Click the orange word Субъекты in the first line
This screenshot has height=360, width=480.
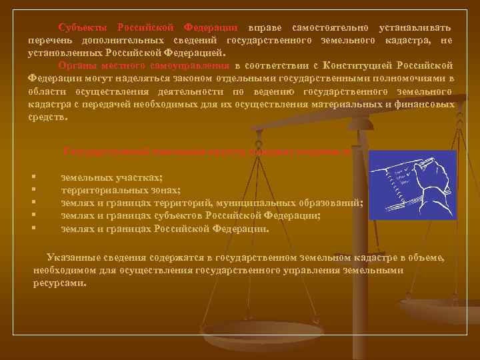point(83,27)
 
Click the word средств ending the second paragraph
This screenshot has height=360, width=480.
point(47,117)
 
